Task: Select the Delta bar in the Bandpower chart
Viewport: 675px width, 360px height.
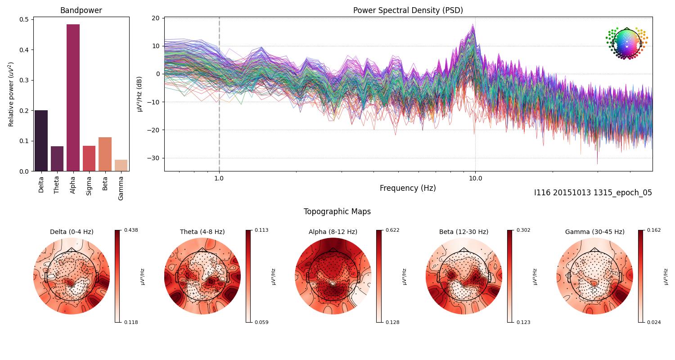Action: (x=41, y=140)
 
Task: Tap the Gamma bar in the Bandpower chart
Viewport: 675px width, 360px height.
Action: (x=121, y=165)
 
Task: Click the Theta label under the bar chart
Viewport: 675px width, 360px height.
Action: (x=57, y=184)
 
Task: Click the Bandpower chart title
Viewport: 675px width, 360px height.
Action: (x=81, y=10)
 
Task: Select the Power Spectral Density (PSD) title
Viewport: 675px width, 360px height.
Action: (x=408, y=10)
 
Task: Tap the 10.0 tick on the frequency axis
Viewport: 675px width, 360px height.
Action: (x=475, y=178)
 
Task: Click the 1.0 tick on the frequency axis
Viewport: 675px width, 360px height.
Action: (x=219, y=178)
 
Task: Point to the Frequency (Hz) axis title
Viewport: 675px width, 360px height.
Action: (x=408, y=188)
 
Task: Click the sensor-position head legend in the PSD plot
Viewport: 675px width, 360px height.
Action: (x=626, y=43)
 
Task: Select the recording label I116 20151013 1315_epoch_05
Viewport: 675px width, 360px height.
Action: (x=593, y=193)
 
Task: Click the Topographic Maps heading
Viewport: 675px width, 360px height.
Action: (x=337, y=211)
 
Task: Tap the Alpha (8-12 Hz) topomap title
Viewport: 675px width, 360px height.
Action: (x=333, y=232)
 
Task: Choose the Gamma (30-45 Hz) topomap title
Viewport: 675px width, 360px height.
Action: (x=594, y=232)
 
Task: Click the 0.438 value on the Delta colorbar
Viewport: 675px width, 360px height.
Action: (x=131, y=230)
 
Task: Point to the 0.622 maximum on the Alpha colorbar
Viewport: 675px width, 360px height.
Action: (x=393, y=230)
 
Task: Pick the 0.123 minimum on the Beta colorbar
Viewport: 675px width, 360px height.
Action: (x=524, y=322)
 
